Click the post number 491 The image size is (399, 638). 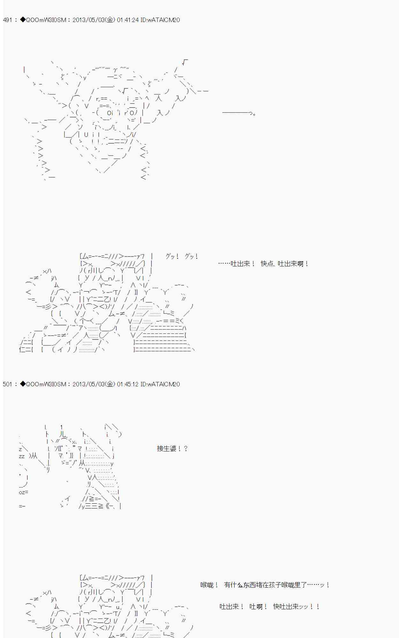(x=7, y=20)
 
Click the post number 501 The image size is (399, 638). (x=7, y=384)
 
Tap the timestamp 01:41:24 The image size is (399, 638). (x=128, y=20)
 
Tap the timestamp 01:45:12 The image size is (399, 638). (x=128, y=384)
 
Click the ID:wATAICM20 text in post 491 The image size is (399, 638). (x=160, y=20)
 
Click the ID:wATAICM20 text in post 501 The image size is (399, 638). (x=160, y=384)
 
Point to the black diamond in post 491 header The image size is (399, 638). (x=23, y=20)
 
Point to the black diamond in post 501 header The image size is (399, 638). (x=23, y=384)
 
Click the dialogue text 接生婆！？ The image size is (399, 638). (x=172, y=449)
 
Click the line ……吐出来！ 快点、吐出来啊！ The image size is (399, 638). (x=263, y=264)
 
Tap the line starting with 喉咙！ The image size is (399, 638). (x=265, y=585)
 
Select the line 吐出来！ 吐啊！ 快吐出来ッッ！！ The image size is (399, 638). (x=270, y=606)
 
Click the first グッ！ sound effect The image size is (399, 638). (x=172, y=256)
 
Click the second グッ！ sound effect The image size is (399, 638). (x=191, y=256)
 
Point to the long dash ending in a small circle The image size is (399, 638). (x=239, y=113)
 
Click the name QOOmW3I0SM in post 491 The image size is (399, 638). (x=46, y=20)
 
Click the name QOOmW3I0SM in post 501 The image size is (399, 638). (x=46, y=384)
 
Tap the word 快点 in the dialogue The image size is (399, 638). (x=267, y=264)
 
